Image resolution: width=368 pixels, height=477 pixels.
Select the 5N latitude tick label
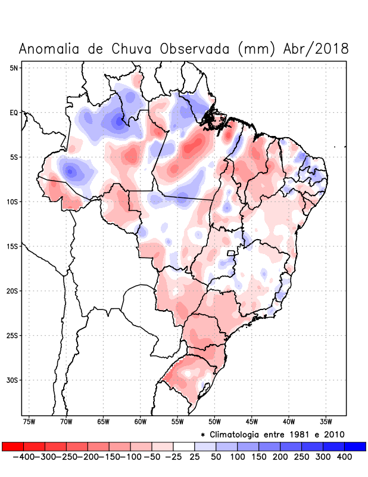point(14,68)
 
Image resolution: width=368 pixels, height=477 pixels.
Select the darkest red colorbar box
point(13,447)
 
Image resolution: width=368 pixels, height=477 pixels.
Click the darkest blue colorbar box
point(355,447)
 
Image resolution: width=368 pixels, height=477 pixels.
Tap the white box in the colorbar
point(184,447)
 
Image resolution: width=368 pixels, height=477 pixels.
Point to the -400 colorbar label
point(24,457)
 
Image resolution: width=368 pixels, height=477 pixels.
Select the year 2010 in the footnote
point(333,434)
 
